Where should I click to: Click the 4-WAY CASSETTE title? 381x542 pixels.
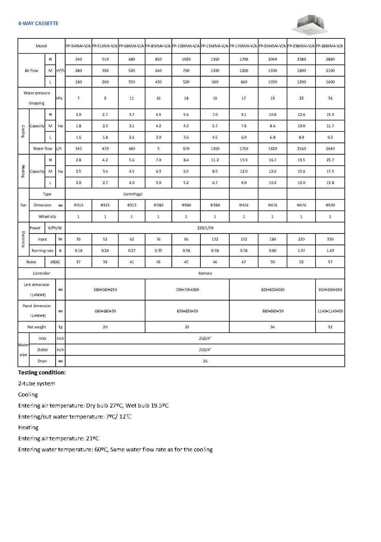pos(38,23)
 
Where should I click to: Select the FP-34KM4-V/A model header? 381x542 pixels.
pos(78,46)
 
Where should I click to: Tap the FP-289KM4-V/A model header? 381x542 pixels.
pos(330,46)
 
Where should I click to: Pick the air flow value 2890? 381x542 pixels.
pos(330,59)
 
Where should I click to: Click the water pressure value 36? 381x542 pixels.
pos(330,98)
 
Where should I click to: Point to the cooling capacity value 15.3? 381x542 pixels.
pos(330,115)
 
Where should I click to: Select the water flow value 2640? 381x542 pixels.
pos(330,149)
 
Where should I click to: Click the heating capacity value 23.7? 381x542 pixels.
pos(330,160)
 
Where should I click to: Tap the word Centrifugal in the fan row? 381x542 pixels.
pos(133,194)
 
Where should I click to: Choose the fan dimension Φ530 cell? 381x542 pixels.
pos(330,205)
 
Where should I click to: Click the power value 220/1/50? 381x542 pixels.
pos(205,228)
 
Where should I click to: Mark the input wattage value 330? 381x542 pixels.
pos(330,239)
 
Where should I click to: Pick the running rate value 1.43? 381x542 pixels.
pos(330,251)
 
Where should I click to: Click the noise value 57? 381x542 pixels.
pos(330,262)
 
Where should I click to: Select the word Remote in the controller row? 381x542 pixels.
pos(205,273)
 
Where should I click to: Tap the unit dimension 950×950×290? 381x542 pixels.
pos(330,290)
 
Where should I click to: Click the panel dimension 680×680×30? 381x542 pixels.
pos(105,311)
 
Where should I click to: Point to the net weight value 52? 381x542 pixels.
pos(330,327)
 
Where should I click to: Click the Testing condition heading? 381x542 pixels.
pos(42,373)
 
